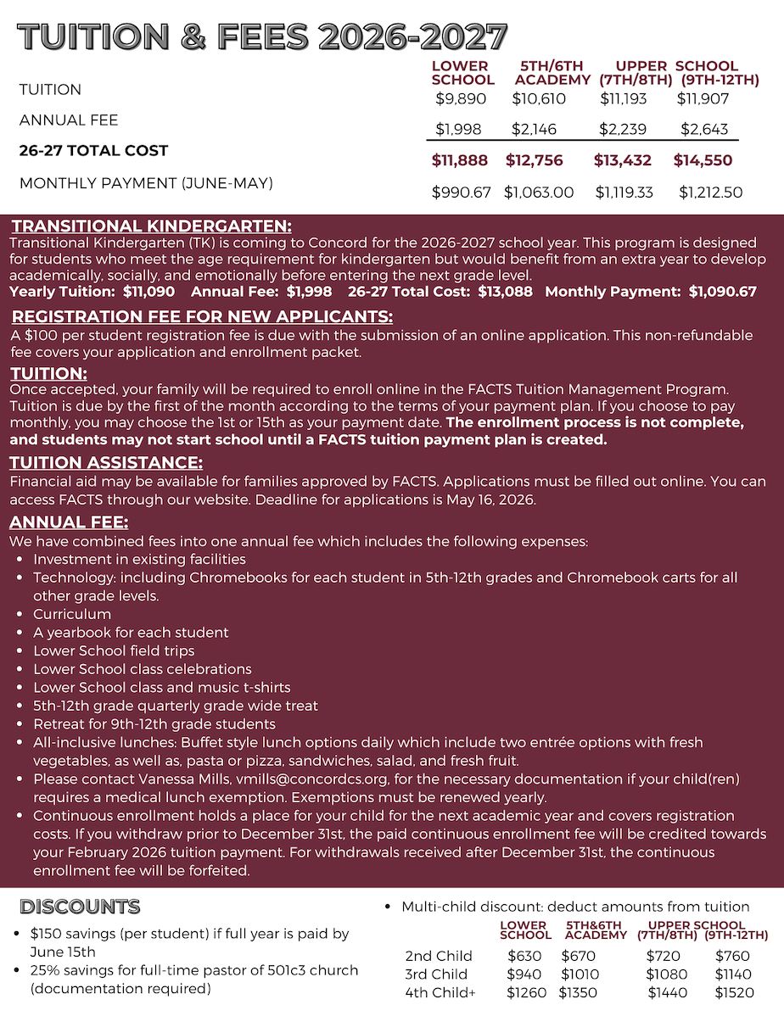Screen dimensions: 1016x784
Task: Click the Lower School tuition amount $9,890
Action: pyautogui.click(x=461, y=99)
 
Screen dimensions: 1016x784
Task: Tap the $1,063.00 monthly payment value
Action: pyautogui.click(x=539, y=193)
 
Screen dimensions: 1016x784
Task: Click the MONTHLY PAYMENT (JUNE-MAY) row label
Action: pyautogui.click(x=146, y=182)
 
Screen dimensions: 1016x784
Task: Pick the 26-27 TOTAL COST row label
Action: pyautogui.click(x=94, y=151)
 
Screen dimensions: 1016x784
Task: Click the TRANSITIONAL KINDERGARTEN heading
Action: pyautogui.click(x=152, y=226)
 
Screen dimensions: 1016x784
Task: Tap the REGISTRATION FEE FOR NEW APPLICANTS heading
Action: pyautogui.click(x=202, y=317)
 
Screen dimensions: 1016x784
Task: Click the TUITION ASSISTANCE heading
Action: pyautogui.click(x=106, y=463)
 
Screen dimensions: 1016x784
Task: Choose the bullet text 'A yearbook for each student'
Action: pyautogui.click(x=131, y=633)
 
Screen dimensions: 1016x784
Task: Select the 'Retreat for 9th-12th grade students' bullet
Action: pyautogui.click(x=154, y=724)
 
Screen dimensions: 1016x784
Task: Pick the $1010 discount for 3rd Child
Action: pyautogui.click(x=581, y=974)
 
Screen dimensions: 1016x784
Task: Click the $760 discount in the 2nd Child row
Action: pyautogui.click(x=733, y=956)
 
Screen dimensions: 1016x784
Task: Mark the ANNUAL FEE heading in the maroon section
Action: pyautogui.click(x=70, y=523)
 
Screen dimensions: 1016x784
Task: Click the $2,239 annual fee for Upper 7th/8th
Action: pyautogui.click(x=623, y=130)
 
